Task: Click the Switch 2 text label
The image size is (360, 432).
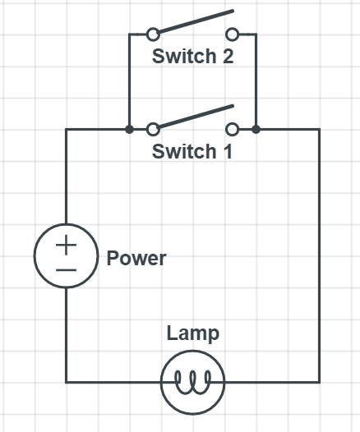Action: [192, 56]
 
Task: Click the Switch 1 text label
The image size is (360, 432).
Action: [192, 151]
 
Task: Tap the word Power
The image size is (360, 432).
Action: [136, 258]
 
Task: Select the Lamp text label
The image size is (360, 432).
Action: [193, 333]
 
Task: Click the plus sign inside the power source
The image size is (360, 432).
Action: [66, 245]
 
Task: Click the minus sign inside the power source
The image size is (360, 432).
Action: [66, 270]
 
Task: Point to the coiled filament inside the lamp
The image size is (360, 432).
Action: [193, 382]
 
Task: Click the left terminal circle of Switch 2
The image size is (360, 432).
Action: [153, 34]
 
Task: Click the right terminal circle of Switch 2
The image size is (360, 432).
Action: [233, 34]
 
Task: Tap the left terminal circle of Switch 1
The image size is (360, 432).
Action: [153, 129]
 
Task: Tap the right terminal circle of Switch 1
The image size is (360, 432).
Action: [233, 129]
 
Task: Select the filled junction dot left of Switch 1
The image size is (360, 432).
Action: [129, 129]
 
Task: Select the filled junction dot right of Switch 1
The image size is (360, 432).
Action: [256, 129]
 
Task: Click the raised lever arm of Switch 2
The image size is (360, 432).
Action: [196, 21]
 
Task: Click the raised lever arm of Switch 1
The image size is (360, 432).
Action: [196, 117]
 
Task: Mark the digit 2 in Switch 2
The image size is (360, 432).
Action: [228, 56]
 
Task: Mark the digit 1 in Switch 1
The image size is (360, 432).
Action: [228, 151]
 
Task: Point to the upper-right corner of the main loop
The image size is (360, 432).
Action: [320, 129]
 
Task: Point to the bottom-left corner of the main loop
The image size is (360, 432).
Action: [66, 382]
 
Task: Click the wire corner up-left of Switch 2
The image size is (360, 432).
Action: [129, 34]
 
